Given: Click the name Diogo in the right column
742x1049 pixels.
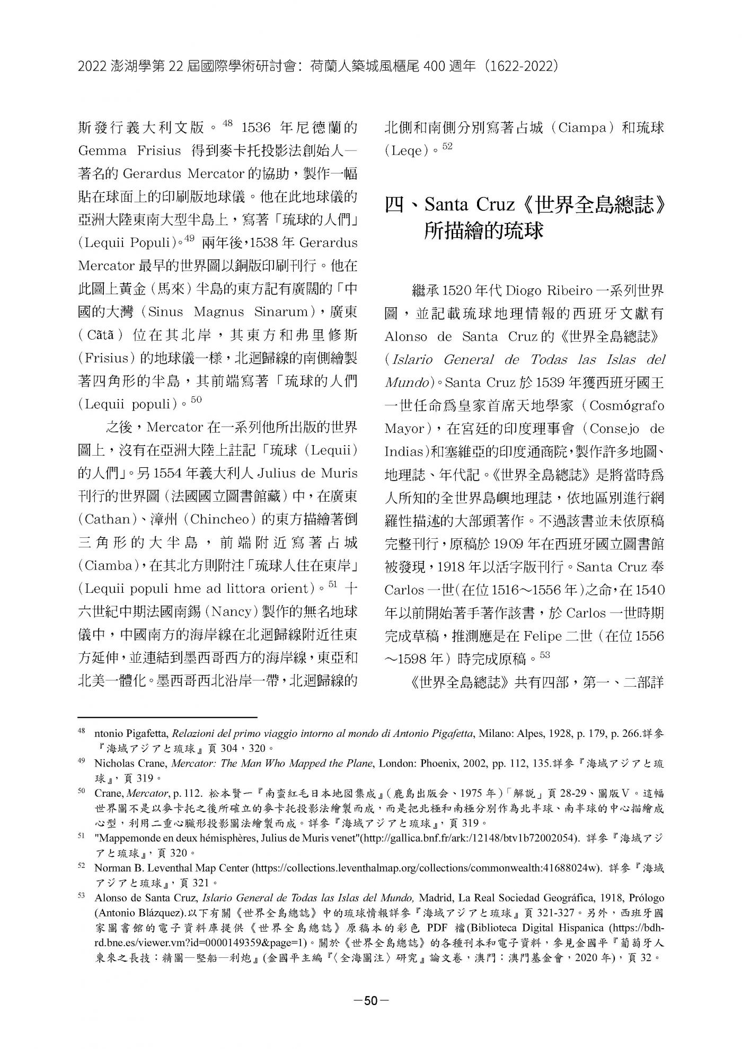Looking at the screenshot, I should tap(527, 291).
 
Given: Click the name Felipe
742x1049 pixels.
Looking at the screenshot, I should tap(543, 636).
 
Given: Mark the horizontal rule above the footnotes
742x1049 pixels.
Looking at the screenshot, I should tap(167, 718).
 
